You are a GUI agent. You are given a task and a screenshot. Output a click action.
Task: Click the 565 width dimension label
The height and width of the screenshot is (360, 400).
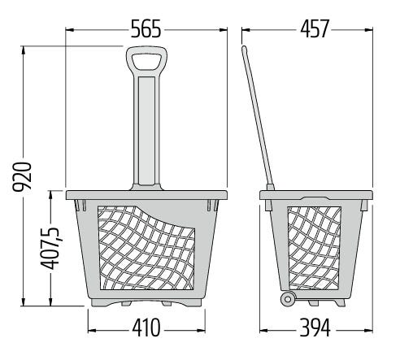[146, 28]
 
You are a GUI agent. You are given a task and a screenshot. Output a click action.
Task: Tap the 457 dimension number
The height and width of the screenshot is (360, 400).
[315, 28]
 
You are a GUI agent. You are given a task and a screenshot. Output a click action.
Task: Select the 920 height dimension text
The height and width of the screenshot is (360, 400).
[23, 177]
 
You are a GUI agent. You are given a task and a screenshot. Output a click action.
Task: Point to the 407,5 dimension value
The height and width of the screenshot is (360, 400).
[50, 249]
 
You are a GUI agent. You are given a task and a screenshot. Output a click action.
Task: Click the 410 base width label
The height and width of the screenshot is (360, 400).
[146, 327]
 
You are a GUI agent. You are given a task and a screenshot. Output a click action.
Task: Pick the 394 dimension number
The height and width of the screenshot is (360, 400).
[315, 327]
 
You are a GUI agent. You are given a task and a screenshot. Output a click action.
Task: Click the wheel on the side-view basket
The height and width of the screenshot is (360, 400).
[288, 299]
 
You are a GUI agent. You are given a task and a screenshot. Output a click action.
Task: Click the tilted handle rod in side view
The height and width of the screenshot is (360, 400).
[258, 117]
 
